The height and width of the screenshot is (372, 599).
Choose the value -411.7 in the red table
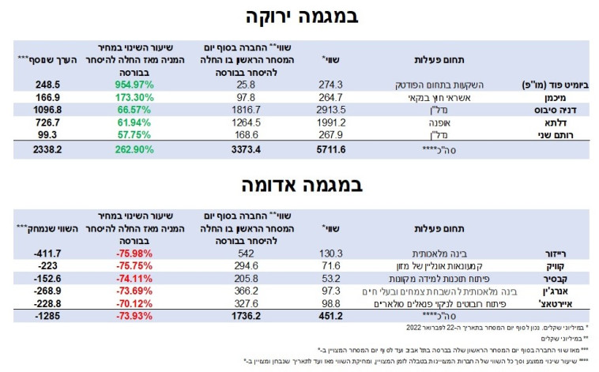pos(43,254)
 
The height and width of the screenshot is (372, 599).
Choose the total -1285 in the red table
pos(43,315)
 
